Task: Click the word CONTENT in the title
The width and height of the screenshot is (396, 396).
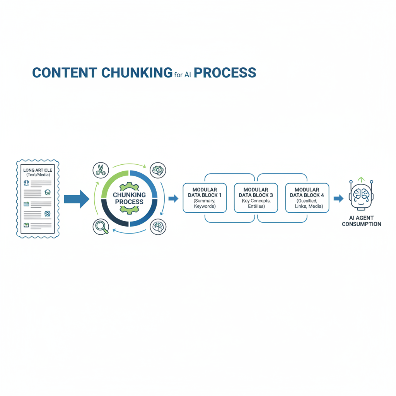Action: [x=64, y=73]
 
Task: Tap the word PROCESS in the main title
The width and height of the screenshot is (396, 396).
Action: [x=225, y=73]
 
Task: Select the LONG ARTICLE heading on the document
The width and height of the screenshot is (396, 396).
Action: [x=38, y=170]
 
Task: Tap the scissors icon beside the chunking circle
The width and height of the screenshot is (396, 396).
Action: [x=101, y=170]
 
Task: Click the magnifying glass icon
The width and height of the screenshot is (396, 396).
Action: [x=101, y=227]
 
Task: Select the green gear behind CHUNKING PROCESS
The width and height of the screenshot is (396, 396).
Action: [x=129, y=198]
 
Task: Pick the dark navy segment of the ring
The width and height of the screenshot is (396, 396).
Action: [x=112, y=215]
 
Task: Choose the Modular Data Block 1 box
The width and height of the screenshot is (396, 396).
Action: [x=205, y=198]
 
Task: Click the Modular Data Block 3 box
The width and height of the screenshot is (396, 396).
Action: [x=256, y=198]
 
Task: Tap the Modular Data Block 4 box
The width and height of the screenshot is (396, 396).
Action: [x=307, y=198]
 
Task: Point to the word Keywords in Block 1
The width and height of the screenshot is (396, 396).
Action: [x=205, y=207]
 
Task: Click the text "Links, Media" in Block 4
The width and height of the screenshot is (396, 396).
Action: [x=307, y=207]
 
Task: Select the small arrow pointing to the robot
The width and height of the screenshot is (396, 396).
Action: [x=338, y=199]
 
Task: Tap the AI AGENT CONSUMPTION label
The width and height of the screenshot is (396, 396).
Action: [x=361, y=221]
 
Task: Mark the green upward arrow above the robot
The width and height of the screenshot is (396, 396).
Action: [x=361, y=179]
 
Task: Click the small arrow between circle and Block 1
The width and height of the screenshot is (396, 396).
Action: [x=173, y=199]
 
